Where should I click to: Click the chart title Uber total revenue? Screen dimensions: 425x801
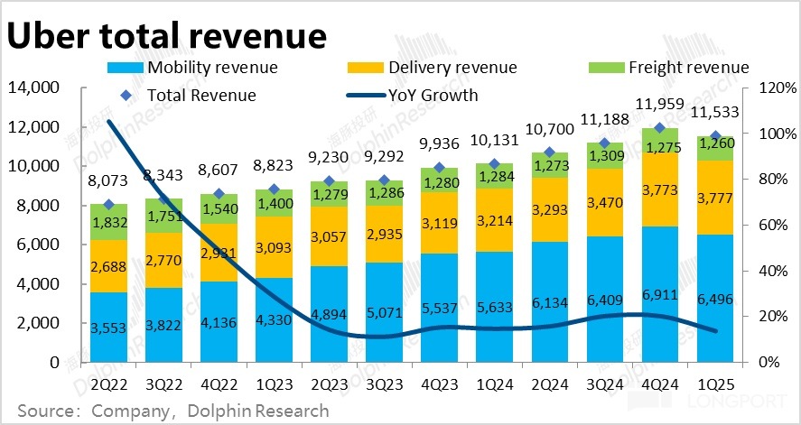166,35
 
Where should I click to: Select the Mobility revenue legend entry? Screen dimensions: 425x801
193,68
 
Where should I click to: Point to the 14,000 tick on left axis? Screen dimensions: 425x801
33,88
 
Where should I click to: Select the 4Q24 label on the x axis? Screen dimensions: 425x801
659,382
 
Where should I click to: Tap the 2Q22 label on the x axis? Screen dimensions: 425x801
108,382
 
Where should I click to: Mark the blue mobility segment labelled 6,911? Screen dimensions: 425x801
659,294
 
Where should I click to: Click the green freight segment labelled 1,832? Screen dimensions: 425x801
108,222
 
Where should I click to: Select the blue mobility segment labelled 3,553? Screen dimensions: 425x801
108,327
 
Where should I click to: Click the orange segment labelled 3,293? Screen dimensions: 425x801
549,209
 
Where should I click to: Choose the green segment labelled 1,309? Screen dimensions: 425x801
604,155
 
